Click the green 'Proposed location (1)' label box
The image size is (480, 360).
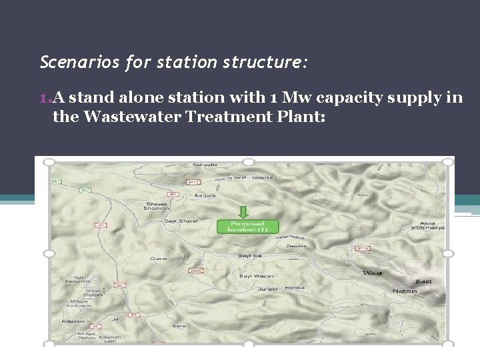click(x=243, y=227)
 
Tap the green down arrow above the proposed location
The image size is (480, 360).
click(x=243, y=212)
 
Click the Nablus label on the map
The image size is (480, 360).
click(x=405, y=291)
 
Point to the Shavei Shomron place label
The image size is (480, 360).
click(x=156, y=206)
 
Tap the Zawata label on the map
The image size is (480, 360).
click(x=295, y=246)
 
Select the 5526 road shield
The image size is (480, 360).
click(x=196, y=271)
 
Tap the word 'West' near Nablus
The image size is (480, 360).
click(x=372, y=273)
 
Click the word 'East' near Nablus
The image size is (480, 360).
click(x=423, y=281)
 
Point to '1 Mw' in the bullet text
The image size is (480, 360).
click(x=263, y=97)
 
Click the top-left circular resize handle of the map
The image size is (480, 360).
click(x=49, y=162)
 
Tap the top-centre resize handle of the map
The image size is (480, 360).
click(x=248, y=162)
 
